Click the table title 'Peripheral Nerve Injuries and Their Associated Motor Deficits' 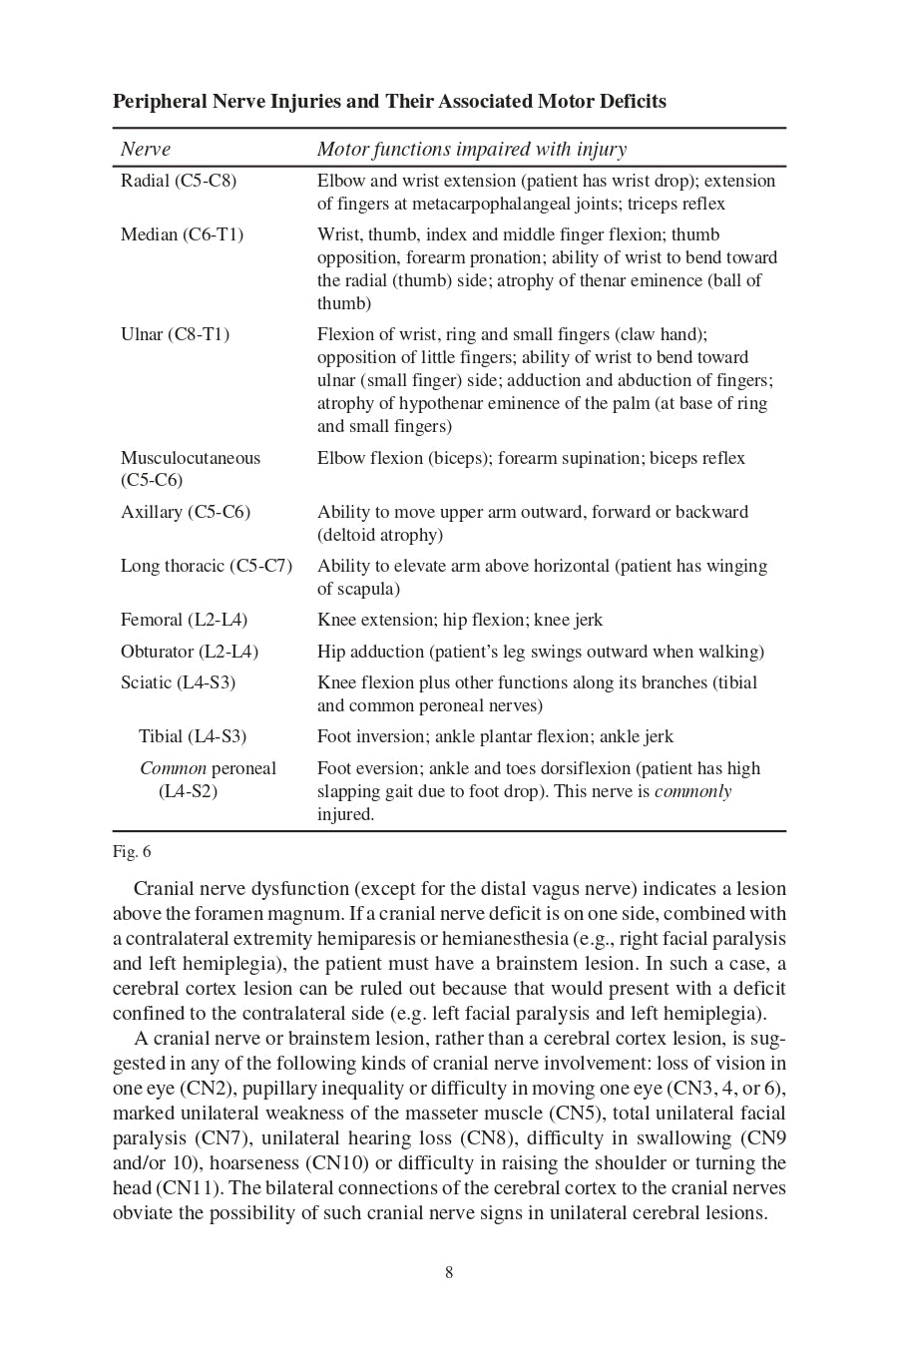tap(389, 102)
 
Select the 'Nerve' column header tap(146, 150)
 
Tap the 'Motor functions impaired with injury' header tap(472, 150)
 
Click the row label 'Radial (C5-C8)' tap(179, 181)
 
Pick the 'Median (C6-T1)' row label tap(182, 234)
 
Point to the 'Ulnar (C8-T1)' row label tap(175, 334)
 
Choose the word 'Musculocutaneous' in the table tap(190, 458)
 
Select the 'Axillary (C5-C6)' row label tap(186, 512)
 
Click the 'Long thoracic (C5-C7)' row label tap(207, 566)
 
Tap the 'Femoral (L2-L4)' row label tap(184, 620)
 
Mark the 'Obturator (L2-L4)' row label tap(190, 652)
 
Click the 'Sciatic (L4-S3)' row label tap(178, 682)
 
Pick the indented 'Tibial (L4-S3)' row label tap(193, 736)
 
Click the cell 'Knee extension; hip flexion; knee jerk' tap(460, 620)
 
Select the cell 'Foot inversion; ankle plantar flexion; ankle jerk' tap(495, 736)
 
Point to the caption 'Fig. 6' tap(132, 851)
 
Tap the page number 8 tap(449, 1272)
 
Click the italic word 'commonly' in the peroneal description tap(692, 791)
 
